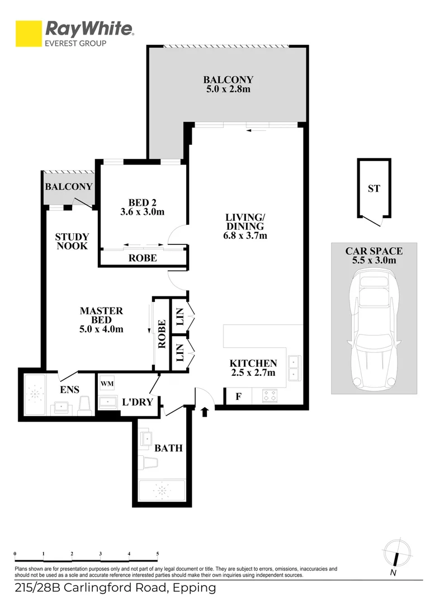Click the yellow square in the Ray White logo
pyautogui.click(x=29, y=34)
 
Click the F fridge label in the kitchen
pyautogui.click(x=238, y=397)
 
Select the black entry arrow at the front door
pyautogui.click(x=205, y=413)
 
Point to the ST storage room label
pyautogui.click(x=373, y=189)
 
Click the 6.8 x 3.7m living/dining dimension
pyautogui.click(x=244, y=235)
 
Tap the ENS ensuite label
pyautogui.click(x=69, y=389)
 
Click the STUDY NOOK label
pyautogui.click(x=72, y=241)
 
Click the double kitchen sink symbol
pyautogui.click(x=294, y=367)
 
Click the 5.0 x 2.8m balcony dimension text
pyautogui.click(x=228, y=89)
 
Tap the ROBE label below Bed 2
pyautogui.click(x=143, y=258)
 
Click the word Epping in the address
pyautogui.click(x=193, y=588)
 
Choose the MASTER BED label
pyautogui.click(x=101, y=320)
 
